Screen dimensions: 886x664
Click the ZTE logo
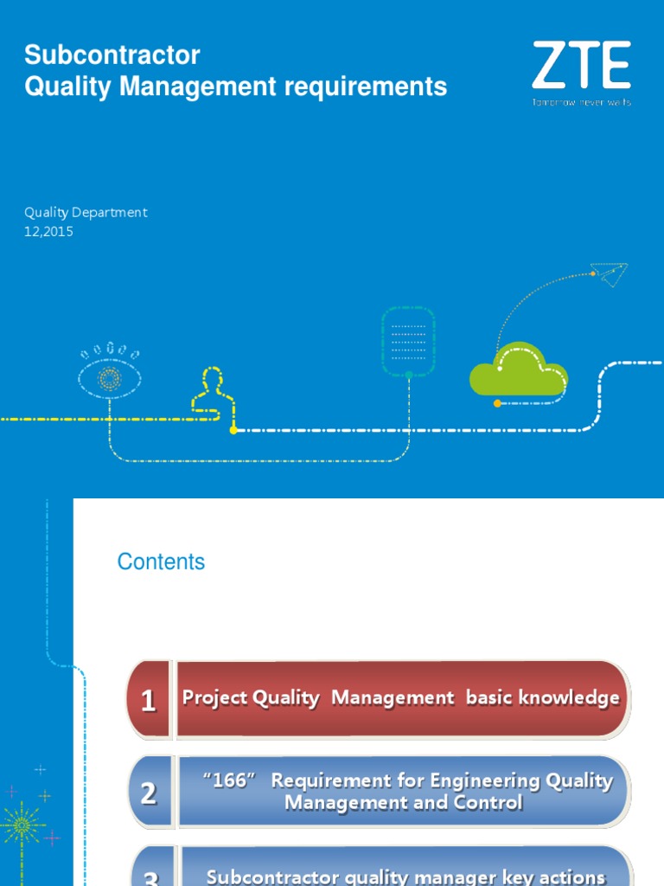[581, 67]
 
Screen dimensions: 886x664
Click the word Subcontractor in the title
[112, 55]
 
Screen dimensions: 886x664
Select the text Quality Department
[86, 212]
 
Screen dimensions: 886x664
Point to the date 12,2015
[48, 231]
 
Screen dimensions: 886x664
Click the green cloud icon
[519, 372]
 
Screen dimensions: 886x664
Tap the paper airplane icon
[610, 274]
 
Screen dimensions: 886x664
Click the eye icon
[110, 377]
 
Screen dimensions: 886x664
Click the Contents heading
[161, 562]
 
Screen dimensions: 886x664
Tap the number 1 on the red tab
[149, 700]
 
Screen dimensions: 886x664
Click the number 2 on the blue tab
[149, 793]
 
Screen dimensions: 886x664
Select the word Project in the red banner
[215, 698]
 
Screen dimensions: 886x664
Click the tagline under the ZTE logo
[581, 102]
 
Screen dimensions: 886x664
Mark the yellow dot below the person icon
[233, 429]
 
